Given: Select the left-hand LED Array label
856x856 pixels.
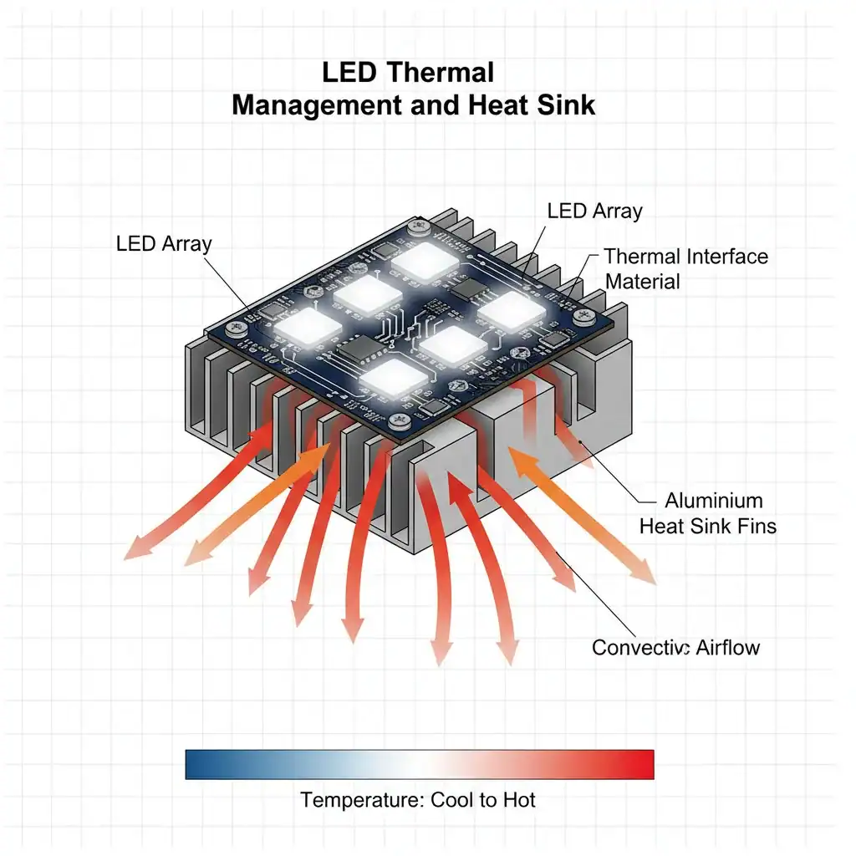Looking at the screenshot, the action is [x=164, y=243].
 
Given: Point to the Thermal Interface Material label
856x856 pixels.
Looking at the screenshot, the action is [x=686, y=268].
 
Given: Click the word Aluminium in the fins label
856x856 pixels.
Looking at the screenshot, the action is [x=714, y=501].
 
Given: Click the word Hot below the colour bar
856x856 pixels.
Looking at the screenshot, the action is [x=519, y=800].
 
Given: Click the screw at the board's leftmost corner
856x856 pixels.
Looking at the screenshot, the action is [x=237, y=328].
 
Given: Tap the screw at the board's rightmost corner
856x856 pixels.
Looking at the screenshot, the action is [x=583, y=315].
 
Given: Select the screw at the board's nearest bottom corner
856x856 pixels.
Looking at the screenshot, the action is [x=399, y=420].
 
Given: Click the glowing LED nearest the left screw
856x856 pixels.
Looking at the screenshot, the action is [x=308, y=327].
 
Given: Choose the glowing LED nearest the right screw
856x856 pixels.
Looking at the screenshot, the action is [x=512, y=311].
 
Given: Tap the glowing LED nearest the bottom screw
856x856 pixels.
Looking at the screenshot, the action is [x=393, y=378].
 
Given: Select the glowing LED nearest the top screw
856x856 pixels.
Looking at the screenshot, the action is [x=425, y=261].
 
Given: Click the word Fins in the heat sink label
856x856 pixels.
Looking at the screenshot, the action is [x=757, y=527].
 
